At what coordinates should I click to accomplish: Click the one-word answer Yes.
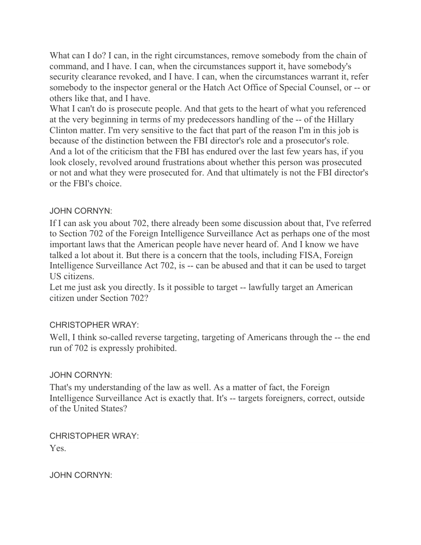[57, 448]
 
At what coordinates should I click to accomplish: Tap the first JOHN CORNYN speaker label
[80, 211]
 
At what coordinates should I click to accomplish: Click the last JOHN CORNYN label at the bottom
[80, 475]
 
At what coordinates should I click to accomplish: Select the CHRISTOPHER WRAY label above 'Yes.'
[94, 436]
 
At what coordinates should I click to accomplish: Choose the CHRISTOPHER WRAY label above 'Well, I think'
[94, 325]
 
